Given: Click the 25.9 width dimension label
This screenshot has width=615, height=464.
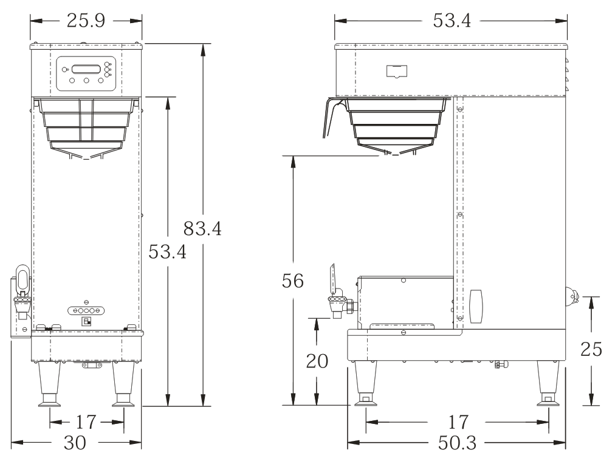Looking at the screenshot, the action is (86, 21).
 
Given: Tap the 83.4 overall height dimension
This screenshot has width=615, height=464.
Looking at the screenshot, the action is (202, 228).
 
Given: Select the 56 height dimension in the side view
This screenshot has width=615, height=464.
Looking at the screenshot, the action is (292, 281).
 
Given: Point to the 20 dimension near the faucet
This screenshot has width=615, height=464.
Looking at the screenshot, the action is (317, 361).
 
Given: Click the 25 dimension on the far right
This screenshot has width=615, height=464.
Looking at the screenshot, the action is (591, 349).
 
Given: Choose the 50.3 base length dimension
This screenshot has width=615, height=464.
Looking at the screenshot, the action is (457, 443).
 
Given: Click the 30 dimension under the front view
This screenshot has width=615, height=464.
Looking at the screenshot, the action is (75, 443).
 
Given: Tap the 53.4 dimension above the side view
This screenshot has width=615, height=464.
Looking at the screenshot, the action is (452, 21).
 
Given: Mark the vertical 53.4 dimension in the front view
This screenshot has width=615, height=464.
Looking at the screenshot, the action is (167, 251).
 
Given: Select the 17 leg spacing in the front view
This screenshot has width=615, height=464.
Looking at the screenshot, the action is (86, 422).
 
